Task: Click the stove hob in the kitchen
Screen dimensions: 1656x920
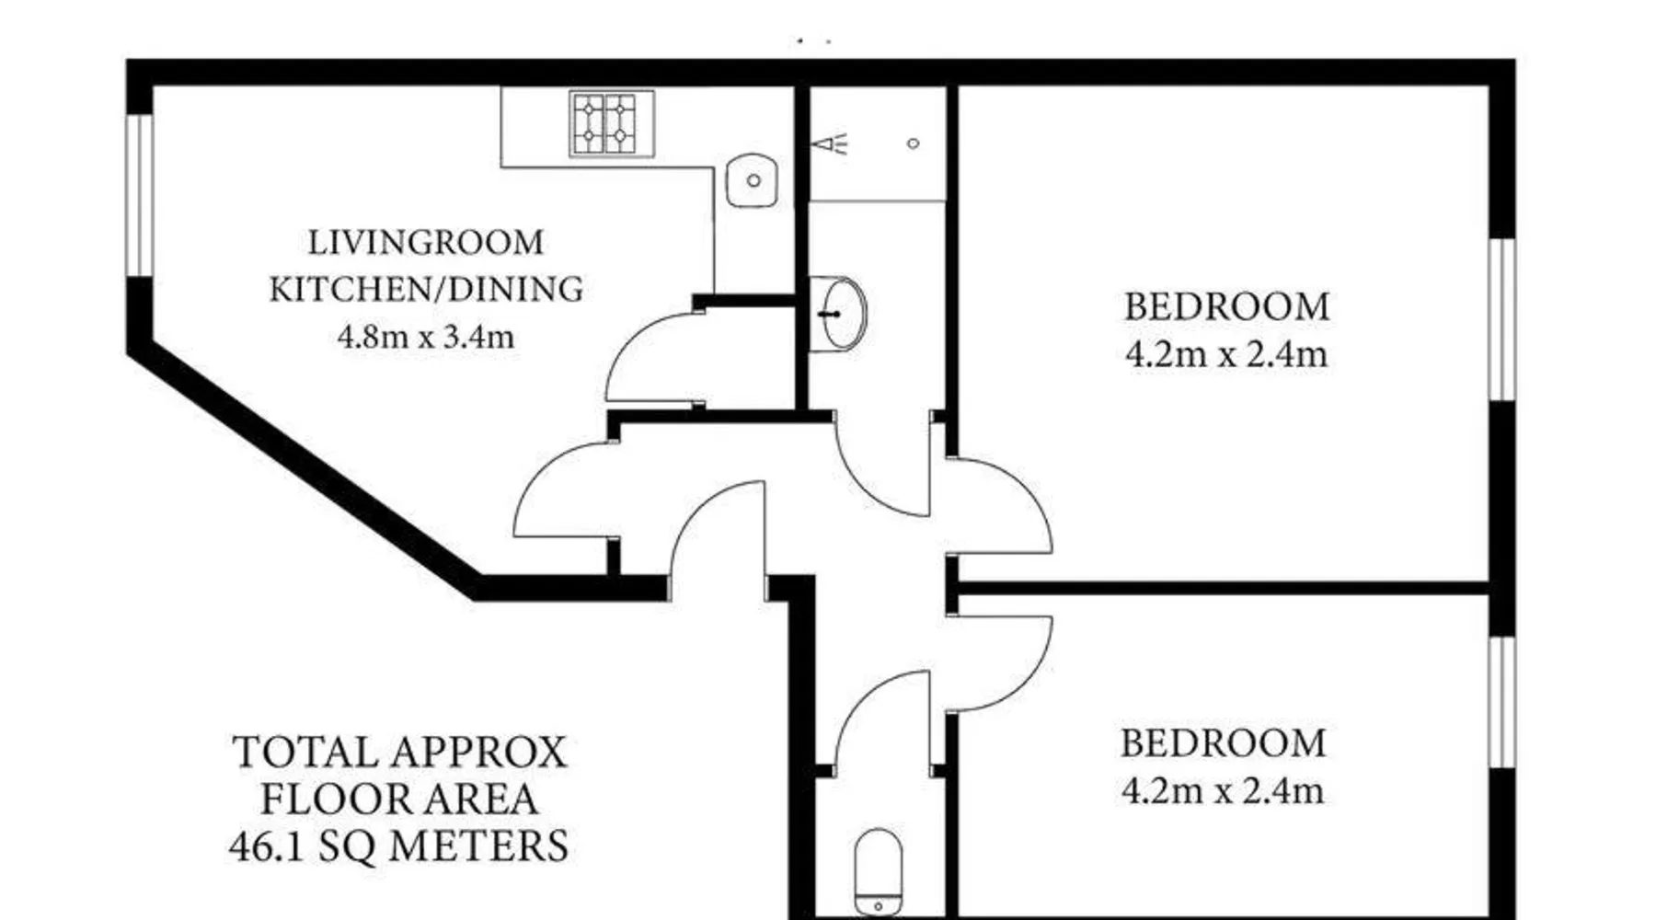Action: (x=612, y=123)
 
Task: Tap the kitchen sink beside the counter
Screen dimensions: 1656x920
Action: (x=752, y=180)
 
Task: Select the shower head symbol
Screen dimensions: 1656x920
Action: (x=832, y=144)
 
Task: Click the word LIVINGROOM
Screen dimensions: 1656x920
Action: (x=426, y=243)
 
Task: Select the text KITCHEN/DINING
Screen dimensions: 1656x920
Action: (x=426, y=289)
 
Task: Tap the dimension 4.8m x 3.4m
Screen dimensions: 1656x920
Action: (x=426, y=337)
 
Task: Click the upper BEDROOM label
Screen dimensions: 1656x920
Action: (x=1227, y=307)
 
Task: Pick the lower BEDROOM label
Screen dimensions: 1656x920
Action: (x=1224, y=743)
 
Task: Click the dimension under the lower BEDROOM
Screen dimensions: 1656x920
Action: (x=1224, y=790)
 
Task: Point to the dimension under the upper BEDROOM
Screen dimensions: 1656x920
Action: (x=1227, y=354)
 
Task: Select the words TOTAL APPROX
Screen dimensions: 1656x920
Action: (x=399, y=753)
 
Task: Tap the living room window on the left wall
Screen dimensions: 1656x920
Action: (x=139, y=194)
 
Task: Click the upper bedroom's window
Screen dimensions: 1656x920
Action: (x=1501, y=320)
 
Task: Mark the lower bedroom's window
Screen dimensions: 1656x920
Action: (x=1501, y=702)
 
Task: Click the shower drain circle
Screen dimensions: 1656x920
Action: (x=914, y=144)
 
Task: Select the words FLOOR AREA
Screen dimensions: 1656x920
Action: (x=399, y=799)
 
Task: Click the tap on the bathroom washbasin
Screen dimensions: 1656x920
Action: (x=830, y=314)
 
